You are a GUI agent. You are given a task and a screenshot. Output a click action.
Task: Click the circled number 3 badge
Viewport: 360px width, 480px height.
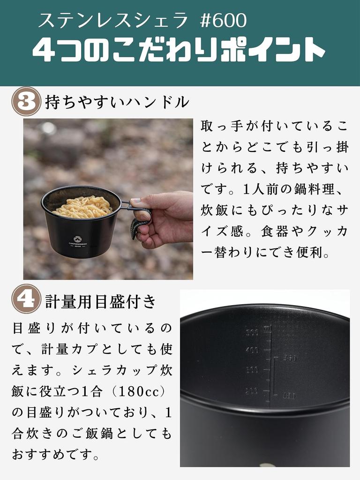pos(26,102)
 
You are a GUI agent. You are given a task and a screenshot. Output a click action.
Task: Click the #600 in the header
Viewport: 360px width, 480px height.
pos(223,21)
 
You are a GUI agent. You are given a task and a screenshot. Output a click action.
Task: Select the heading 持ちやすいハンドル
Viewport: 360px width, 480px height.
pos(117,102)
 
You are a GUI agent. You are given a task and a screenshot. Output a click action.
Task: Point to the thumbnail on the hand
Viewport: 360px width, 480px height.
pos(136,202)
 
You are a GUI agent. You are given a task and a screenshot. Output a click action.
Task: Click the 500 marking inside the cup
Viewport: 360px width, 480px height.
pos(252,333)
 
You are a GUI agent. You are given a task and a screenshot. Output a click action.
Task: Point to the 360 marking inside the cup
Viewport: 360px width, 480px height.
pos(290,359)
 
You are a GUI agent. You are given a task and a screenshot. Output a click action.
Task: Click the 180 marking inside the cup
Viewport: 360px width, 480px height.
pos(289,396)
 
